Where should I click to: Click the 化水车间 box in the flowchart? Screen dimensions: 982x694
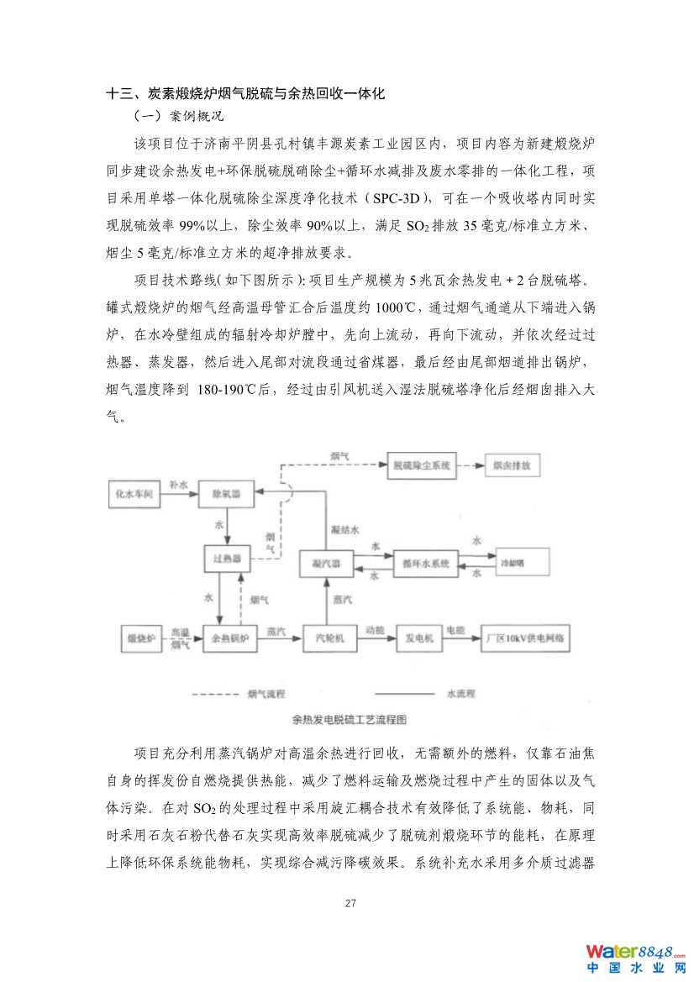tap(134, 496)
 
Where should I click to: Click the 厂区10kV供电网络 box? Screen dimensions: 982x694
tap(526, 639)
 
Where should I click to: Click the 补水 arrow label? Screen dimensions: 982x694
tap(178, 485)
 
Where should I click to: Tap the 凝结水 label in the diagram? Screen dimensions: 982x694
tap(344, 530)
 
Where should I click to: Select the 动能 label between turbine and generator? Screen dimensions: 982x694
tap(374, 629)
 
